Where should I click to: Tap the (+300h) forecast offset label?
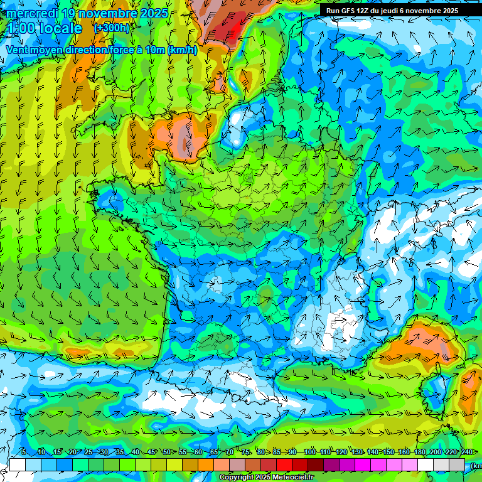click(x=112, y=28)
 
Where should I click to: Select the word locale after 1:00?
click(x=59, y=28)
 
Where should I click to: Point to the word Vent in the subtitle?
click(x=18, y=50)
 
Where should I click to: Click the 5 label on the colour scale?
click(x=24, y=452)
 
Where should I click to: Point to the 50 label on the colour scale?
click(x=167, y=452)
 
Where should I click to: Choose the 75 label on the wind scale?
click(x=245, y=452)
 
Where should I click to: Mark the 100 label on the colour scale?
click(x=309, y=452)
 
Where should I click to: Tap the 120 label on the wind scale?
click(x=341, y=452)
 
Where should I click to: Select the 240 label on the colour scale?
click(x=467, y=452)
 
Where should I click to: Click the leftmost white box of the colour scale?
click(x=18, y=464)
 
